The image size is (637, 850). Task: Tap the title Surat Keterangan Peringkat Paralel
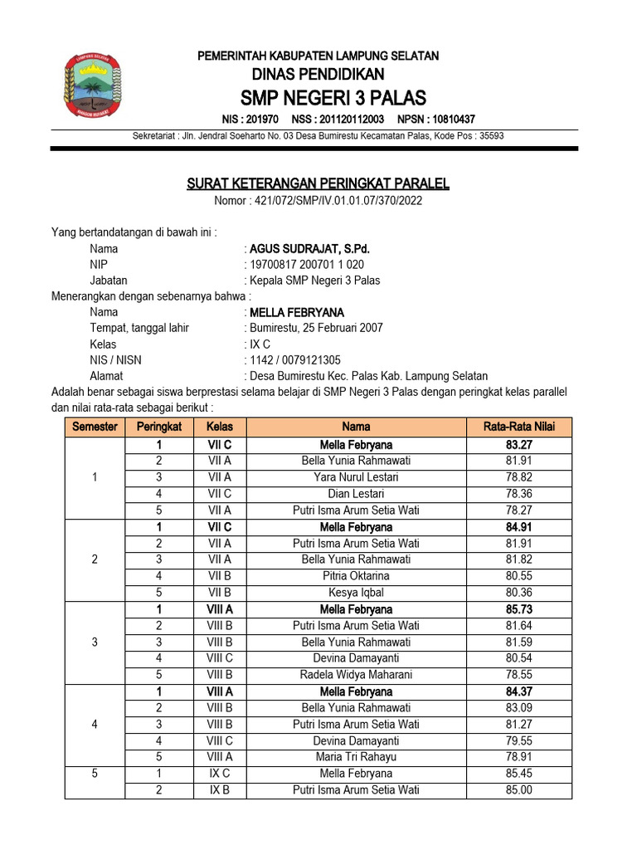318,183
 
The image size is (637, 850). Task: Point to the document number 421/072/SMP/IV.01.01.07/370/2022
318,200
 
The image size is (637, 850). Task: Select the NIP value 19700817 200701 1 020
307,265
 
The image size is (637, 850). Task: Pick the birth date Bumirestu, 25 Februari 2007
316,328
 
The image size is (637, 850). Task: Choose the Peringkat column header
158,427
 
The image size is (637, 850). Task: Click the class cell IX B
220,790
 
